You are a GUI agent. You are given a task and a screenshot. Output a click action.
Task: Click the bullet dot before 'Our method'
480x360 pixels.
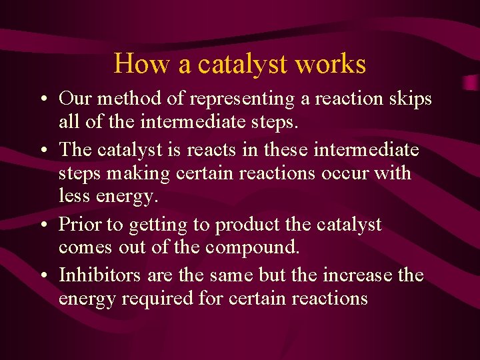tap(42, 100)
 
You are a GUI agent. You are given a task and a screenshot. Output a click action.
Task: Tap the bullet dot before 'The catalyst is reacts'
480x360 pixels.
tap(42, 150)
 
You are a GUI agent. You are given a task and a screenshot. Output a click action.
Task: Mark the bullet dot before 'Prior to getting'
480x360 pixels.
tap(42, 225)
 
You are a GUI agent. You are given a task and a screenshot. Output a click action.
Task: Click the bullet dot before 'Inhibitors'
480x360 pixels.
tap(42, 275)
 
